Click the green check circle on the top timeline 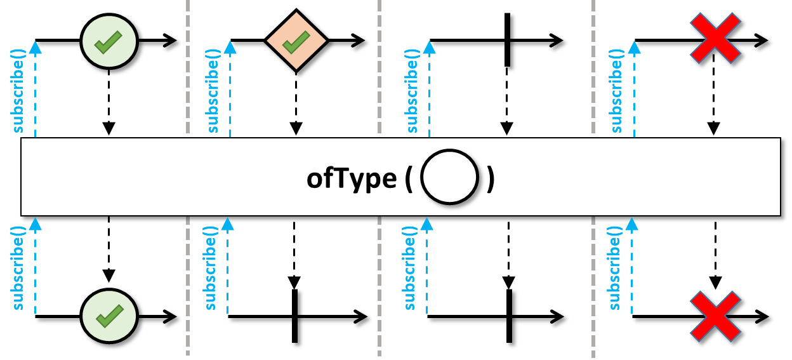(x=109, y=41)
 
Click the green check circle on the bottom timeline (x=109, y=316)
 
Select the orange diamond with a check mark (x=296, y=41)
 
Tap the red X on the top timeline (x=715, y=38)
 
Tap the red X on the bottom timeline (x=715, y=316)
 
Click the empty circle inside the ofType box (x=450, y=177)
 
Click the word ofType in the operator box (x=352, y=178)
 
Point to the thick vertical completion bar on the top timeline (x=508, y=40)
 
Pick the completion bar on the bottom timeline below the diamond (x=294, y=316)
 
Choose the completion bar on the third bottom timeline (x=509, y=316)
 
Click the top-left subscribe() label (x=18, y=91)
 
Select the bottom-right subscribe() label (x=614, y=269)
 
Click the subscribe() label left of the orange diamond (x=213, y=91)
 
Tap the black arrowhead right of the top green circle (x=169, y=41)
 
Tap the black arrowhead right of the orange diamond (x=358, y=41)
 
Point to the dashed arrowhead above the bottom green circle (x=109, y=276)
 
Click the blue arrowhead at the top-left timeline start (x=35, y=48)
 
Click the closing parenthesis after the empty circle (x=491, y=179)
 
